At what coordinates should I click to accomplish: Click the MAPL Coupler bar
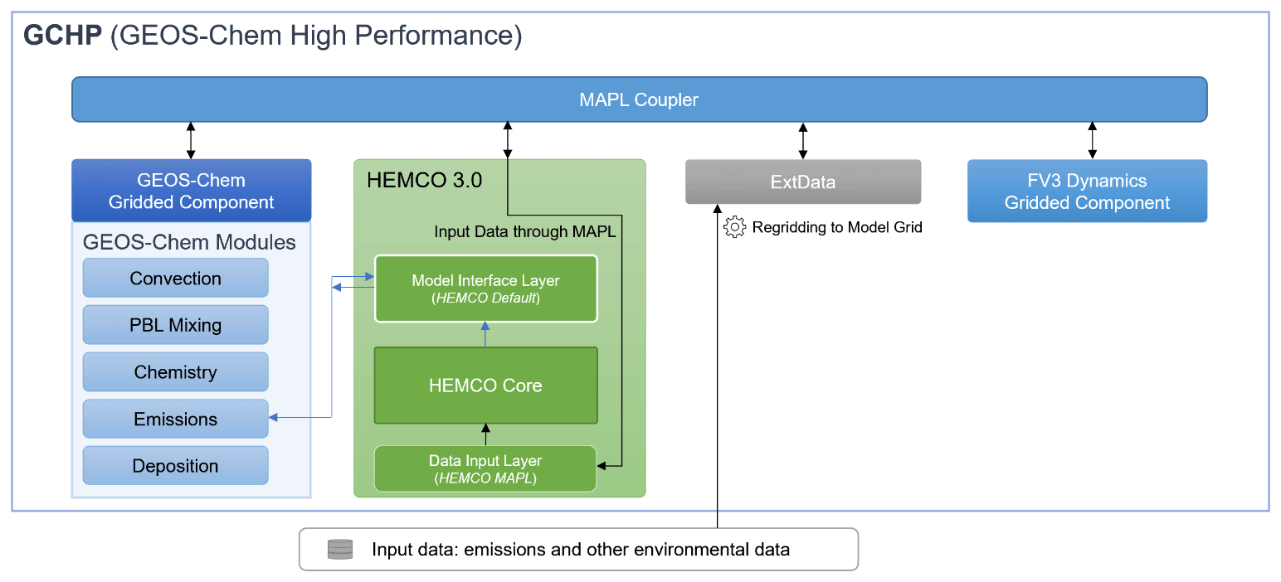click(639, 99)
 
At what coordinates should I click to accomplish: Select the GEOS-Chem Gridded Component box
click(192, 191)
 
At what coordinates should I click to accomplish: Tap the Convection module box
click(175, 278)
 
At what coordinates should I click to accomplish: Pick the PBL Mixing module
click(175, 325)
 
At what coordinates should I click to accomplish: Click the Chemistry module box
click(175, 372)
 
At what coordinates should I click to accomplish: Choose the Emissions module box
click(175, 420)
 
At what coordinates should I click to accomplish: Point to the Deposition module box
click(175, 466)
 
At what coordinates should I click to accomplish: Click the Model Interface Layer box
click(485, 289)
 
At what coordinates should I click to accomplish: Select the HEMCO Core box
click(485, 386)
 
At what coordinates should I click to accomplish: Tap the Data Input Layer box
click(485, 468)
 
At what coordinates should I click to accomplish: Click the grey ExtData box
click(802, 182)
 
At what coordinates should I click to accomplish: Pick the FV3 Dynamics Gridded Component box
click(1087, 192)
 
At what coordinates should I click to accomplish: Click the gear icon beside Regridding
click(734, 226)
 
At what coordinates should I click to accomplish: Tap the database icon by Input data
click(340, 549)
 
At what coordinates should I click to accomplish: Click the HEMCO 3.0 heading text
click(424, 180)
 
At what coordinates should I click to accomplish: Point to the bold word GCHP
click(63, 35)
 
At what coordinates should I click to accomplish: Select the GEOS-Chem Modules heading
click(189, 242)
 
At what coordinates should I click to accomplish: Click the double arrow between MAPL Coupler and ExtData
click(802, 141)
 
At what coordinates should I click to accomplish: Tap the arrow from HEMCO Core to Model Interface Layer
click(485, 334)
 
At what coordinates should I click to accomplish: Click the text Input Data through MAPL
click(525, 232)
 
